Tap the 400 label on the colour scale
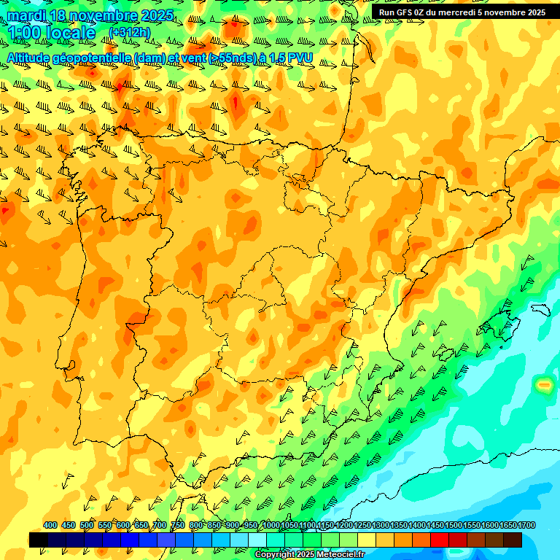pyautogui.click(x=50, y=525)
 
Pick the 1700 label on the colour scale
pyautogui.click(x=508, y=525)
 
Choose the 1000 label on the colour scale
pyautogui.click(x=271, y=525)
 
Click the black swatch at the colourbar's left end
pyautogui.click(x=39, y=540)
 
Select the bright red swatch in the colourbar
pyautogui.click(x=440, y=540)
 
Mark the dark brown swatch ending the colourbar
pyautogui.click(x=513, y=540)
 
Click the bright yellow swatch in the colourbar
pyautogui.click(x=367, y=540)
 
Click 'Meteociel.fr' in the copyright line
pyautogui.click(x=339, y=555)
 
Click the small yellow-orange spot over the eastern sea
pyautogui.click(x=543, y=384)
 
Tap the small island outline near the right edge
pyautogui.click(x=540, y=309)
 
